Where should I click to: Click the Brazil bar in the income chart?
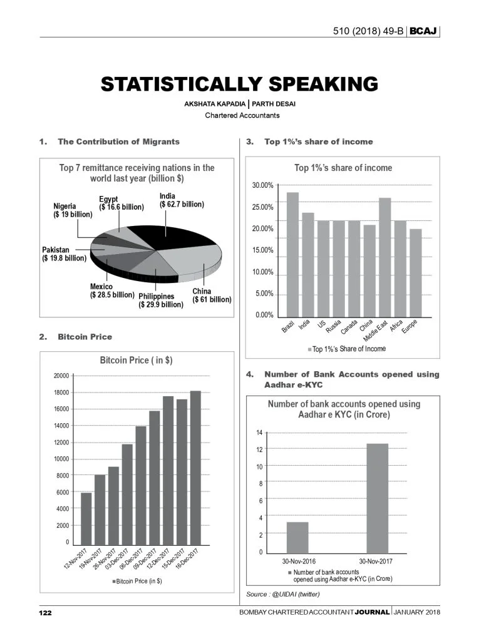pyautogui.click(x=292, y=254)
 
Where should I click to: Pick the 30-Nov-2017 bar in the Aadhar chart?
pyautogui.click(x=373, y=498)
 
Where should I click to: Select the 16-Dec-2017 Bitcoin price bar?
pyautogui.click(x=196, y=466)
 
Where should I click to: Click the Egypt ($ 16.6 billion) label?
pyautogui.click(x=121, y=203)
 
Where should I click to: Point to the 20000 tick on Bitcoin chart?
pyautogui.click(x=61, y=376)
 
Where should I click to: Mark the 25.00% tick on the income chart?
pyautogui.click(x=262, y=207)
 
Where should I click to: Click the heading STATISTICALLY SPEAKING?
pyautogui.click(x=240, y=85)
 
